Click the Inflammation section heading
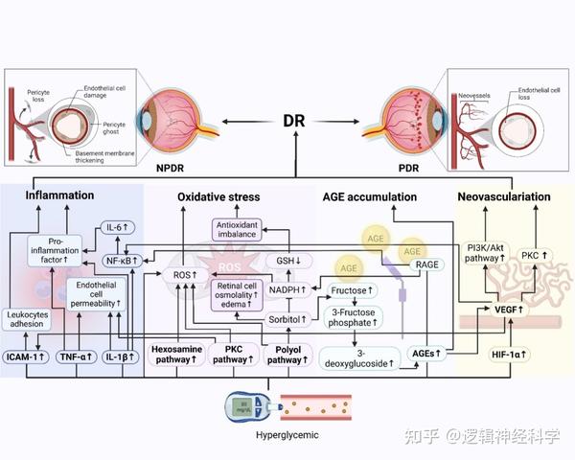tap(59, 196)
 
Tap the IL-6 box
tap(117, 228)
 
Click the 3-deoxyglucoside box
tap(362, 357)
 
